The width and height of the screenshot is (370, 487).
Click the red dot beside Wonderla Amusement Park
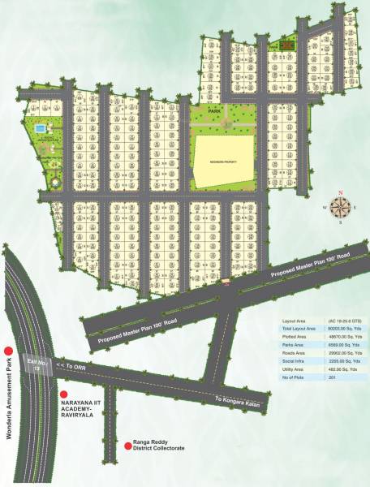tap(8, 350)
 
